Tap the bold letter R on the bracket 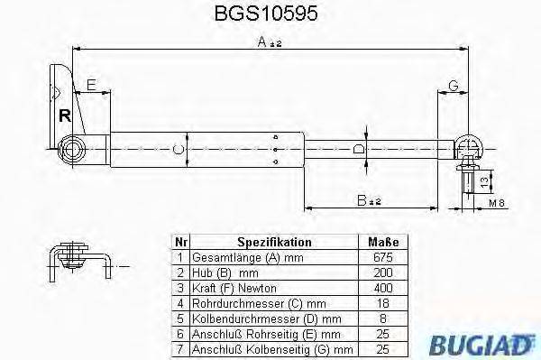coord(65,115)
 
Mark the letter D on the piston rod coord(358,149)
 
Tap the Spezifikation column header coord(274,243)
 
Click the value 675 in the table coord(383,257)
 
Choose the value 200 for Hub coord(383,272)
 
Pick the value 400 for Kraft coord(383,286)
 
